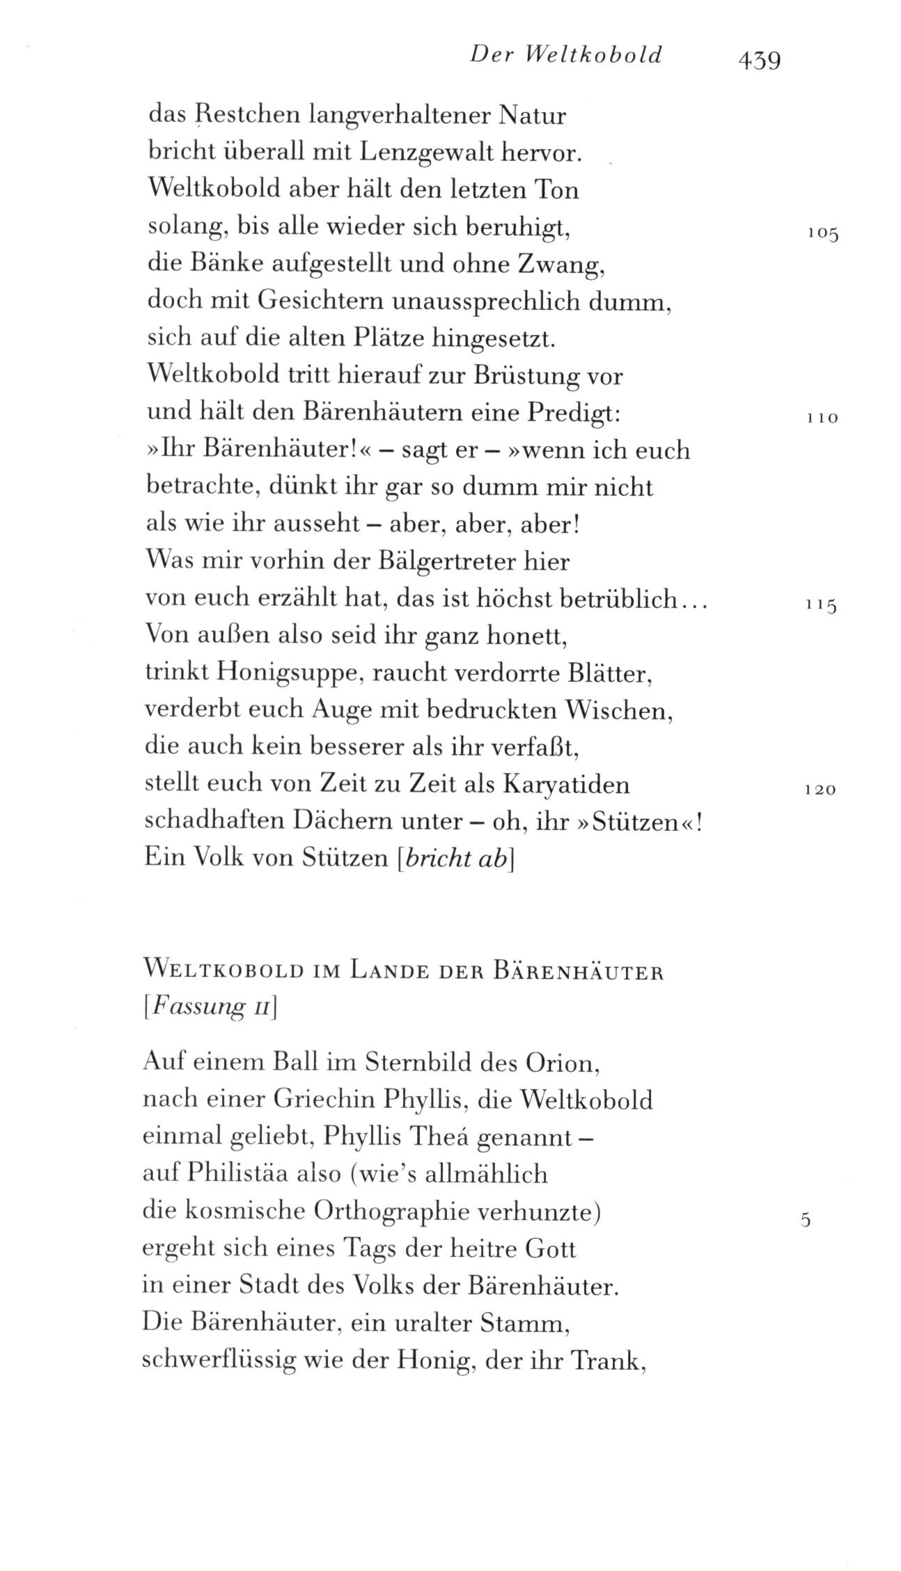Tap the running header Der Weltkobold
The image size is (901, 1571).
tap(566, 54)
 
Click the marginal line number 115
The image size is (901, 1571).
tap(821, 605)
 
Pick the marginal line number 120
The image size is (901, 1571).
tap(820, 790)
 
